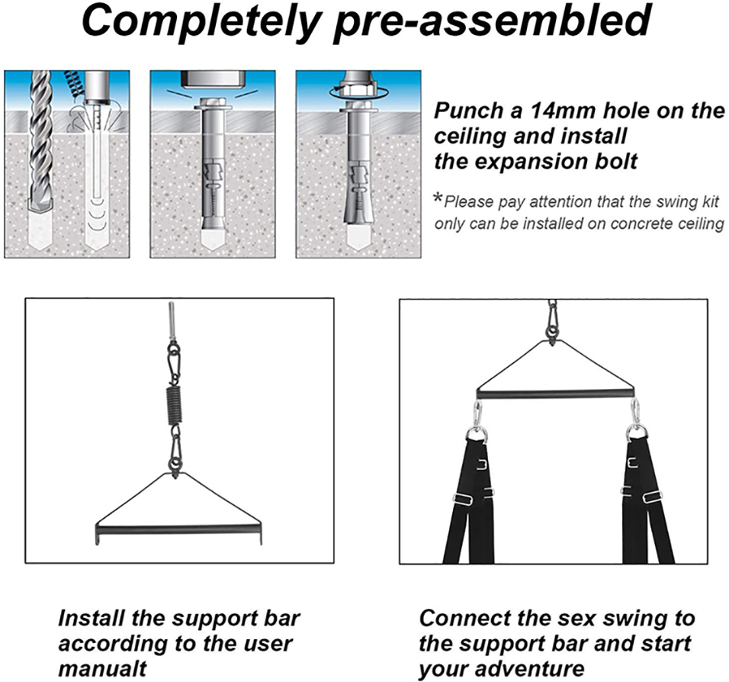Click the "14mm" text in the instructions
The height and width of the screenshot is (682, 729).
point(563,111)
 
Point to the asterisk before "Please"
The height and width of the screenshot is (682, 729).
point(438,198)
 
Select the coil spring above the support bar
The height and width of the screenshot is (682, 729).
point(174,403)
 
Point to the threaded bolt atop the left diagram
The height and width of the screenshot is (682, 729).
point(172,320)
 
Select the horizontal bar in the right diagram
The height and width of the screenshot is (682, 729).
point(555,394)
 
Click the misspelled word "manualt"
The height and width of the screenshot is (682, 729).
point(102,668)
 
